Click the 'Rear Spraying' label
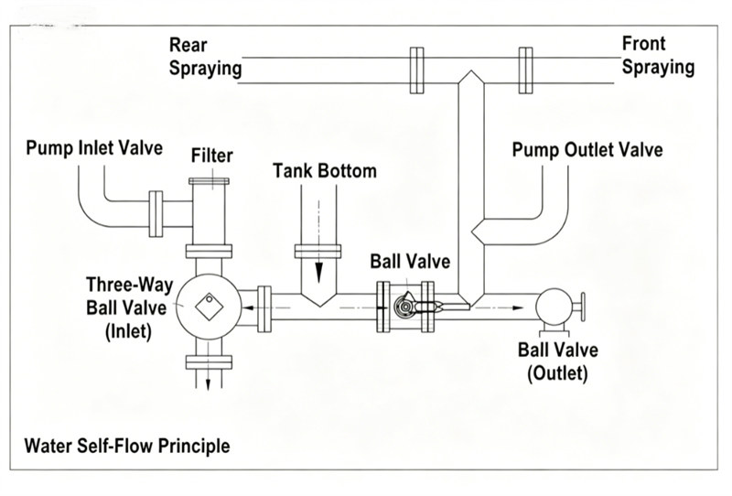205,57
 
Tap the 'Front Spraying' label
658,55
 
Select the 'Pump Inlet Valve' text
94,148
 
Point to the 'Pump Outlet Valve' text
587,150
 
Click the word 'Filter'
212,156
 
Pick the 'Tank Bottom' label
325,171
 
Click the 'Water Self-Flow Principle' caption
127,446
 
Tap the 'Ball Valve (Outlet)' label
558,361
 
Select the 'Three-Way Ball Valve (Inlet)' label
128,308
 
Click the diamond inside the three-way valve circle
210,307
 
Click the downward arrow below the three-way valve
209,383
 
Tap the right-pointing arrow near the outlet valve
517,307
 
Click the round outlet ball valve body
554,307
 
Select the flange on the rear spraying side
417,70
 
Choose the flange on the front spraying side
525,70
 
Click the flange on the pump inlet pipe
156,214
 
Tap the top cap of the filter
209,181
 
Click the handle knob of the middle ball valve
404,306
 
